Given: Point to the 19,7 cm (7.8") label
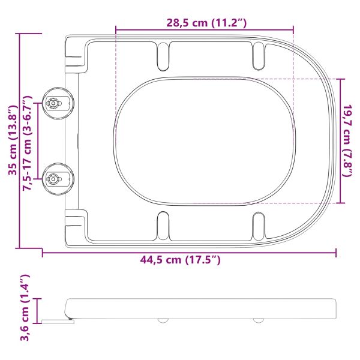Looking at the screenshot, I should coord(348,140).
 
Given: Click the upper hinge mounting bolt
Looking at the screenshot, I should coord(54,104).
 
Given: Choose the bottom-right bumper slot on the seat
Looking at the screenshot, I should coord(259,226).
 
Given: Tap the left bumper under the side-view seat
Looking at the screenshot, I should coord(162,320).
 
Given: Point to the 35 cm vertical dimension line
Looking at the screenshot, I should coord(21,140).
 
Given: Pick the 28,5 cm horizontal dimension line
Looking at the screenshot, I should coord(204,29).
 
